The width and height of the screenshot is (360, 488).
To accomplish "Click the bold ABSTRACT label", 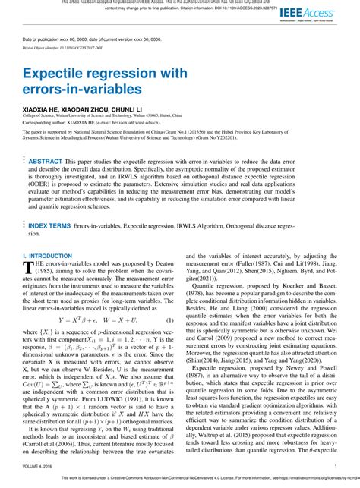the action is (46, 162).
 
